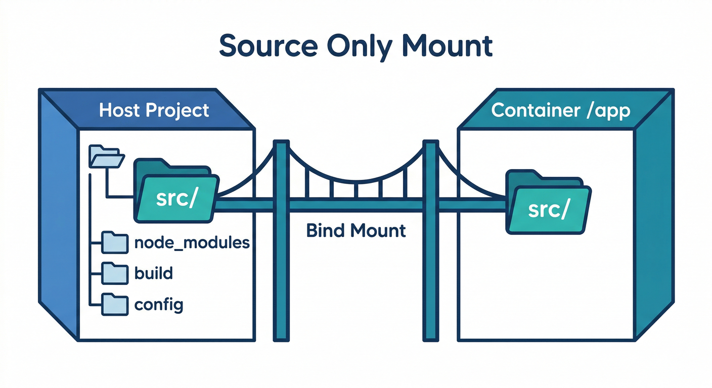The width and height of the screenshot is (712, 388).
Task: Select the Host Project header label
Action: [154, 110]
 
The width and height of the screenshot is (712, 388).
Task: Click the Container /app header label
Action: [561, 110]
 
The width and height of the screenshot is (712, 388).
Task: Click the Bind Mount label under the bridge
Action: [356, 230]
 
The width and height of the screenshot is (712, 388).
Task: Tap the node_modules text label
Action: [192, 243]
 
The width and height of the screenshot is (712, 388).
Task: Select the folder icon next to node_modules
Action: [114, 243]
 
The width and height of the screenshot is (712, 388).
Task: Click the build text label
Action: [154, 273]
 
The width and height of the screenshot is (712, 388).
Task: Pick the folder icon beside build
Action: [114, 273]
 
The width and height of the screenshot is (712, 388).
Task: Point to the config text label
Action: [159, 305]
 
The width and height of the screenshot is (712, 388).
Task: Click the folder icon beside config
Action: [114, 305]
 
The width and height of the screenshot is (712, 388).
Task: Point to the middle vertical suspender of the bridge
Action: [356, 189]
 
